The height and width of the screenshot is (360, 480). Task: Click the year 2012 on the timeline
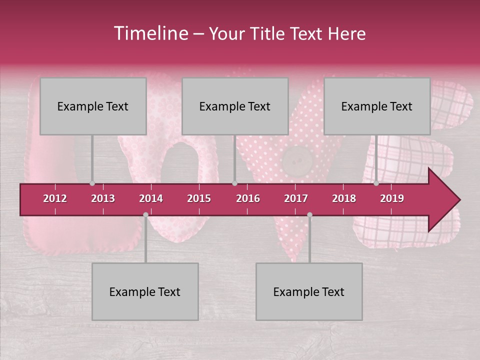(x=55, y=198)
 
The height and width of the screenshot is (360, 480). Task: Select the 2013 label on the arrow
(x=103, y=198)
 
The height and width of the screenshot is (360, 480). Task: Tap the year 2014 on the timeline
(x=151, y=198)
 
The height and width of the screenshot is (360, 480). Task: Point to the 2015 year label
(x=199, y=198)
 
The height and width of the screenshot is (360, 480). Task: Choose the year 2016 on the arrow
(x=248, y=198)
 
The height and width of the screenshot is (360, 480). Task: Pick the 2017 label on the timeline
(x=296, y=198)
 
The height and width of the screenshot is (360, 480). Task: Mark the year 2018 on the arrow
(x=344, y=198)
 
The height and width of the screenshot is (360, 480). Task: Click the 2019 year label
(x=392, y=198)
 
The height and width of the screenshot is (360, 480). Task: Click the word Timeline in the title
(x=150, y=33)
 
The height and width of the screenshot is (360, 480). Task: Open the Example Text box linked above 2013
(x=93, y=106)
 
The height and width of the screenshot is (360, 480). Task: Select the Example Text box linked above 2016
(x=235, y=106)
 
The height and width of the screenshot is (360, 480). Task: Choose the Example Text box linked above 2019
(x=377, y=106)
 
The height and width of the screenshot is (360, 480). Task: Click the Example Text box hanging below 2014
(x=145, y=291)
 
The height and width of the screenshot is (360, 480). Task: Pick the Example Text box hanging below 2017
(x=309, y=291)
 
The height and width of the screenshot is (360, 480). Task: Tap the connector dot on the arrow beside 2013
(x=92, y=183)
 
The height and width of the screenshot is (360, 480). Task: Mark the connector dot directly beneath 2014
(x=145, y=214)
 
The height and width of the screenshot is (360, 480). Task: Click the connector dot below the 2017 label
(x=309, y=214)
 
